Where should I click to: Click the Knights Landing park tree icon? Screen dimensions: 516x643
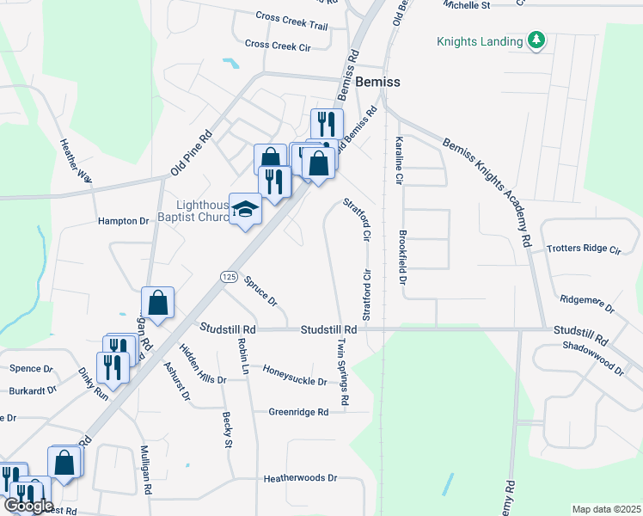point(536,40)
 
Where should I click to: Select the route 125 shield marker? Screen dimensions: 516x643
point(228,276)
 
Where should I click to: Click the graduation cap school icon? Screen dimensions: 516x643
point(245,209)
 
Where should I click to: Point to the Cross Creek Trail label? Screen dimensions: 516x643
point(291,21)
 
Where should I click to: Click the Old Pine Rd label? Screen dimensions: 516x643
point(191,153)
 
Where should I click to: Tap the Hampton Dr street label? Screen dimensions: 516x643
point(124,221)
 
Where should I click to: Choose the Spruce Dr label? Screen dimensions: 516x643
point(260,291)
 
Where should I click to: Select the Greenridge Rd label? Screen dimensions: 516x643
point(298,412)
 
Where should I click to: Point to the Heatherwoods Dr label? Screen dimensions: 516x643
point(301,478)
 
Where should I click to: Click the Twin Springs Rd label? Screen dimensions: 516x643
point(343,370)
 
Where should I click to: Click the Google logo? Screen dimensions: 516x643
point(29,506)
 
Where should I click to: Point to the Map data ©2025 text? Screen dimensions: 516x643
point(606,509)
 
